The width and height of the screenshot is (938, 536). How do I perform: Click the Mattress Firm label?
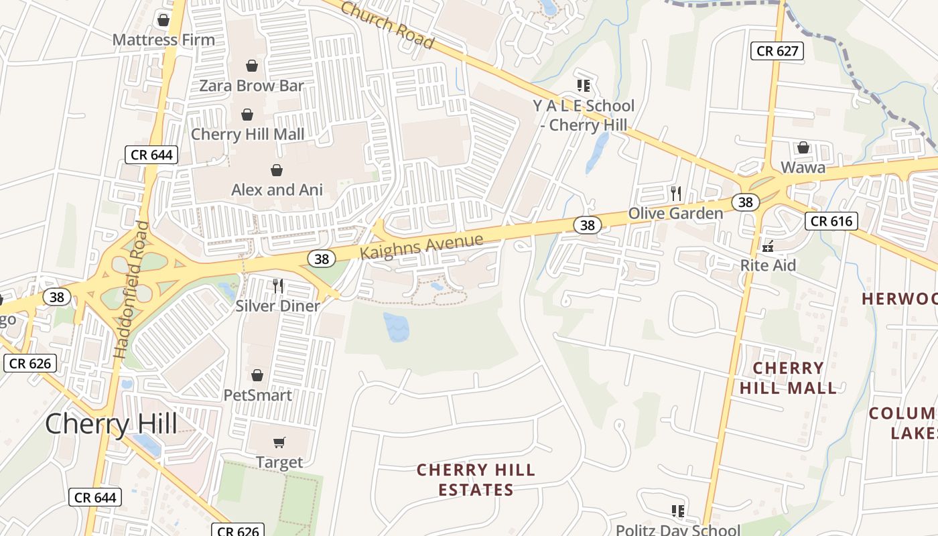(x=163, y=40)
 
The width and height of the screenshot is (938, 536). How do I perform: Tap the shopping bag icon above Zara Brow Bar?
(x=252, y=66)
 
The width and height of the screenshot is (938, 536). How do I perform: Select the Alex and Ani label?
(x=277, y=190)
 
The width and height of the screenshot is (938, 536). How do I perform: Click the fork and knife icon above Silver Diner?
(x=278, y=286)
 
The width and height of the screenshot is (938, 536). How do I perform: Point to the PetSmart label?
(x=257, y=395)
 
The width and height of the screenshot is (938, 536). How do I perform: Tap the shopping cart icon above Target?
(x=279, y=442)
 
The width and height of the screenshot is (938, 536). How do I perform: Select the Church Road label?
(x=387, y=25)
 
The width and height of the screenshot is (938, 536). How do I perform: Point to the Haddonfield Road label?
(x=131, y=289)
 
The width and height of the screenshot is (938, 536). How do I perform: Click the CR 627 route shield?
(x=777, y=50)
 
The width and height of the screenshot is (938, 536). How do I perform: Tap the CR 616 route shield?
(x=831, y=221)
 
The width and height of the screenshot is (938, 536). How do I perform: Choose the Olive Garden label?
(x=675, y=213)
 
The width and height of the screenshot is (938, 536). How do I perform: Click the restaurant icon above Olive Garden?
(x=676, y=194)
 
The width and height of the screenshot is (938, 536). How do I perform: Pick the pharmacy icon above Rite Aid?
(x=768, y=246)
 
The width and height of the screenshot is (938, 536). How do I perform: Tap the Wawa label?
(x=803, y=167)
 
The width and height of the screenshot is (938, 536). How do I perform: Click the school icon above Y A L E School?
(x=583, y=85)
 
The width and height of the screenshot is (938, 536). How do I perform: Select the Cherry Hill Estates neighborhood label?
(x=476, y=480)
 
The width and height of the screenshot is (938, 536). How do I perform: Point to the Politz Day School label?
(x=677, y=530)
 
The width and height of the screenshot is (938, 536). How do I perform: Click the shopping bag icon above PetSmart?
(x=257, y=375)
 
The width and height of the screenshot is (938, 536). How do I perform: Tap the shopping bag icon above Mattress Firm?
(x=163, y=20)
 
